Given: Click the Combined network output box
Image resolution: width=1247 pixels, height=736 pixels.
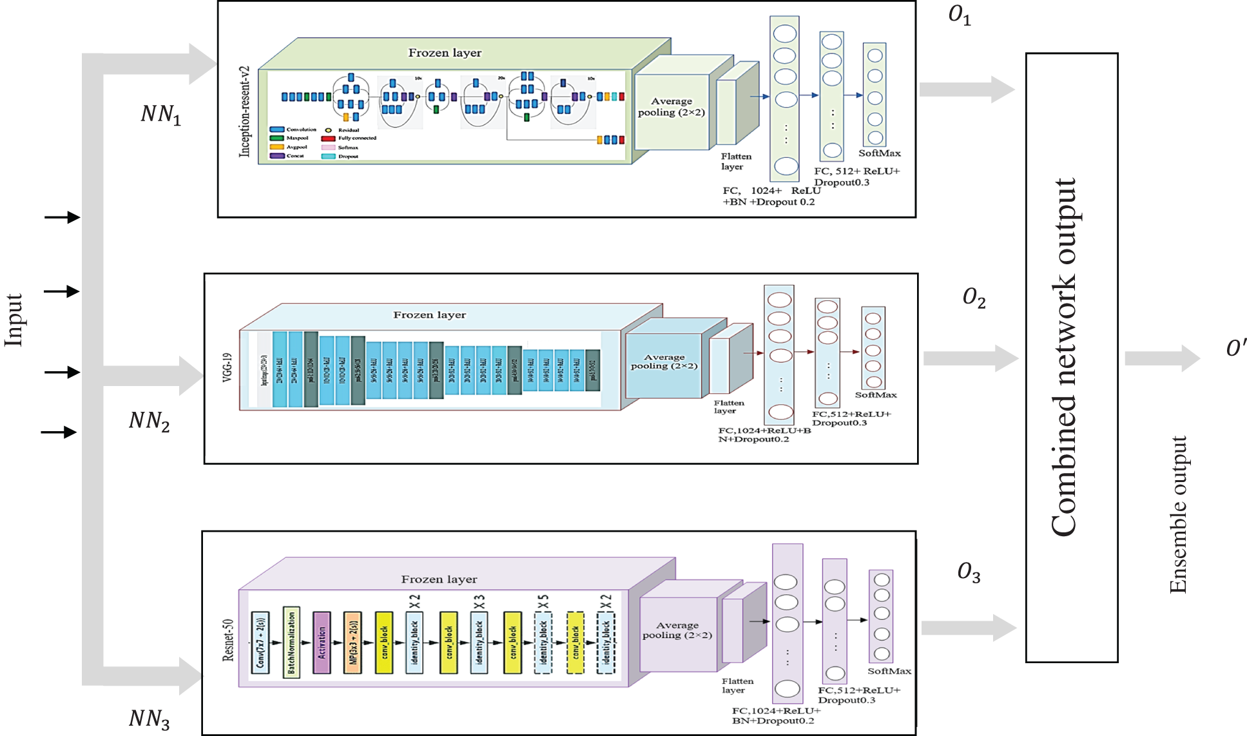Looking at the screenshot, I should click(1071, 358).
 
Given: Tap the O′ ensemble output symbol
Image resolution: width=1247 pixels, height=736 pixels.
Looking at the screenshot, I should click(1235, 349).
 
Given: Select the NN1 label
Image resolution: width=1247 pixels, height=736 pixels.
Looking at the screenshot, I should click(160, 114).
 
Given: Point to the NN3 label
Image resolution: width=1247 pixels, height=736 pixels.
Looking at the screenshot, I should click(150, 718).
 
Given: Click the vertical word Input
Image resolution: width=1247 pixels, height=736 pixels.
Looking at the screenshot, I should click(14, 320).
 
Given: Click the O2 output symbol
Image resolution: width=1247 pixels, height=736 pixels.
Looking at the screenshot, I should click(973, 298).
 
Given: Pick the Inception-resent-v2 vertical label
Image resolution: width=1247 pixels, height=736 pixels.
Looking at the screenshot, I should click(244, 111).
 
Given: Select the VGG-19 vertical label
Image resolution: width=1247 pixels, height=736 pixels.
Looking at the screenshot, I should click(227, 367).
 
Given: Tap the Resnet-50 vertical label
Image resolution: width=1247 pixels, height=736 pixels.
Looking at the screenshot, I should click(228, 640).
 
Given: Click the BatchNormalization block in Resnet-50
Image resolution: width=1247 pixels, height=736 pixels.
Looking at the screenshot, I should click(291, 643).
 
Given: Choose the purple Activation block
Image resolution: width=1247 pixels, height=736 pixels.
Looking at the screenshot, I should click(322, 643).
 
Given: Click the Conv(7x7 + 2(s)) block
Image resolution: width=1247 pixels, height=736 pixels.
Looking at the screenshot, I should click(260, 643).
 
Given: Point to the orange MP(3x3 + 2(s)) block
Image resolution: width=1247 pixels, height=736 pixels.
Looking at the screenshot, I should click(353, 643).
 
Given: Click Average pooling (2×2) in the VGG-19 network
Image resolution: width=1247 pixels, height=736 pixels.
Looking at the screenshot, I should click(664, 362).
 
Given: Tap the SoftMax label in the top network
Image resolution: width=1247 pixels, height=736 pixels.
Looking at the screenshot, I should click(879, 153).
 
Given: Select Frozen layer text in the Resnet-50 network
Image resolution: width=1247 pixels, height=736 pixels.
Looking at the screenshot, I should click(439, 579).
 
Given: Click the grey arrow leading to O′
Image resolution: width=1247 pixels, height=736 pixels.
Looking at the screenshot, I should click(1160, 358).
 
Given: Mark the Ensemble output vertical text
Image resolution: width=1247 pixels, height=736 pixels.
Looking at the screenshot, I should click(1178, 514).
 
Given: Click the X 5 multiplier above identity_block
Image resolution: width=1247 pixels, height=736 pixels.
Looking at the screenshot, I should click(543, 601).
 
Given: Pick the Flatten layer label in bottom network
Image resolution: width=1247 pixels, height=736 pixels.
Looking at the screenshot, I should click(737, 685).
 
